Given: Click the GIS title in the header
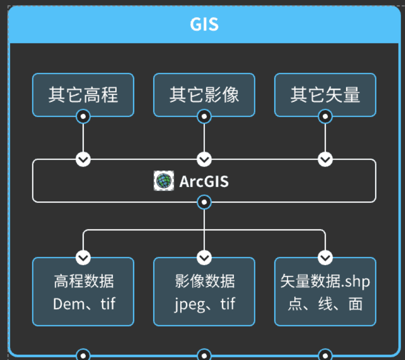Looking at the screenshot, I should coord(204,24).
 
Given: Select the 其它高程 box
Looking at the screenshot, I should coord(83,95).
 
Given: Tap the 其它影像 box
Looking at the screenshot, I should coord(204,95).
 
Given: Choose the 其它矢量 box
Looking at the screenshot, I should coord(325,95).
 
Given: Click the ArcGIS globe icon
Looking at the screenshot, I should coord(164,181).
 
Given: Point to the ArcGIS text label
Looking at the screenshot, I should coord(204,181).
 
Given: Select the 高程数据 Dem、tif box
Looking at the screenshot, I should coord(83,292).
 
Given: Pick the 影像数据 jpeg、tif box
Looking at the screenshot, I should coord(204,292).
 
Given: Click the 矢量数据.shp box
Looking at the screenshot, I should coord(325,292).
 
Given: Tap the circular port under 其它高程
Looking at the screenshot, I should coord(83,117).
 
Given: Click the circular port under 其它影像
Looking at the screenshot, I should coord(204,117).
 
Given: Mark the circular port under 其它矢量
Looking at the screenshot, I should coord(325,117).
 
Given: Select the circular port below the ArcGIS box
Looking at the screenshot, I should coord(204,202).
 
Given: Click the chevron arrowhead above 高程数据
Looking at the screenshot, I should coord(83,258).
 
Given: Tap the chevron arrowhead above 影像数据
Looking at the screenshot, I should coord(204,258).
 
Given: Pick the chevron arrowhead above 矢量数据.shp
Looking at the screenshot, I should coord(325,258).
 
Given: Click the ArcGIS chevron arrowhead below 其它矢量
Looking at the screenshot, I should coord(325,160).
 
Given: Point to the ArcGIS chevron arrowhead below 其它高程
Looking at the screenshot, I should coord(83,160).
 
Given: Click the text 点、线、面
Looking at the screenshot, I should coord(325,304).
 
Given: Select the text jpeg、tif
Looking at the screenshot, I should coord(204,304).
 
